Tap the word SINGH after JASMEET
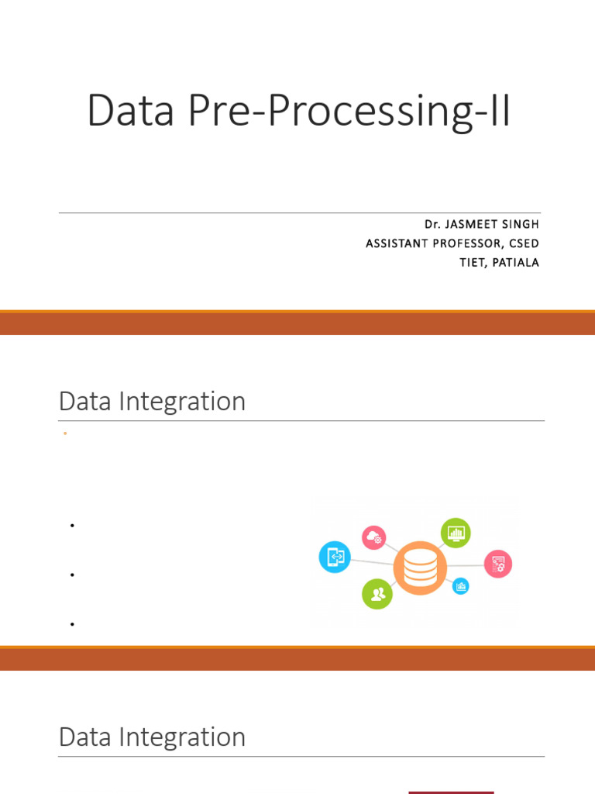tap(521, 224)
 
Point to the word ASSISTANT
tap(397, 243)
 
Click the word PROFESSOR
tap(471, 243)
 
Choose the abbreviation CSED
tap(523, 243)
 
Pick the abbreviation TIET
tap(473, 263)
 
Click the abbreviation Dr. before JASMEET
tap(432, 224)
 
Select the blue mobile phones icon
tap(335, 557)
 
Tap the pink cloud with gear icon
tap(374, 537)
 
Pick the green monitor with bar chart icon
tap(456, 533)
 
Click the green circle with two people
tap(377, 594)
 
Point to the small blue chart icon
tap(461, 586)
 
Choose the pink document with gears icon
tap(498, 564)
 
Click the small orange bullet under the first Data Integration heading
tap(66, 434)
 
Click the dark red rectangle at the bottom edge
tap(451, 792)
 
